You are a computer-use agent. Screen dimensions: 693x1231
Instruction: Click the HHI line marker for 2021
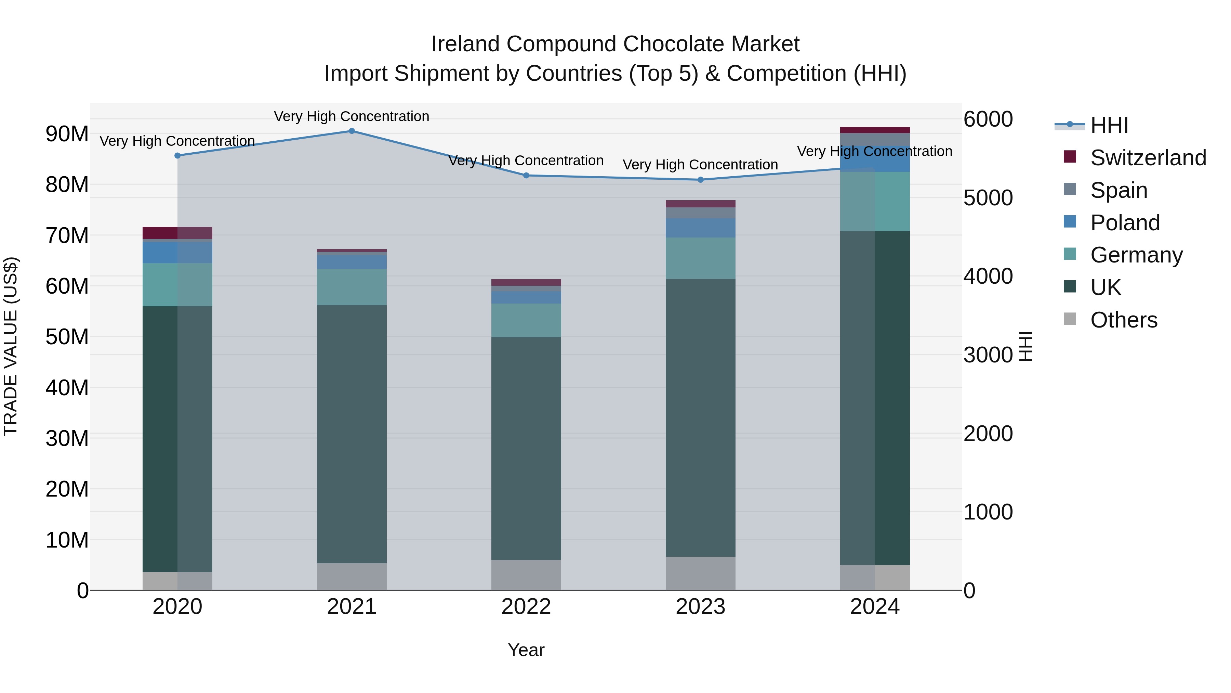coord(352,131)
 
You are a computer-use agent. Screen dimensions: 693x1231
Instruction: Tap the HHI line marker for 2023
coord(701,180)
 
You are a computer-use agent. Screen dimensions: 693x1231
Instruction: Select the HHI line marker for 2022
coord(526,176)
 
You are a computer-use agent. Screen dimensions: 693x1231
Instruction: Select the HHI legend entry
coord(1109,125)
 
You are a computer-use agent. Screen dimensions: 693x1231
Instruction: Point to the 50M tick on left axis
coord(67,337)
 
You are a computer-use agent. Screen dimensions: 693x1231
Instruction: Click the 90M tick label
coord(67,134)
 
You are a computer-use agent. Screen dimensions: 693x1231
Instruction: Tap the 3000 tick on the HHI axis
coord(988,355)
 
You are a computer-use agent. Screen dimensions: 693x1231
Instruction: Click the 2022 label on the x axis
coord(526,607)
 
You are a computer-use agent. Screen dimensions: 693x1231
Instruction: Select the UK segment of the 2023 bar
coord(701,418)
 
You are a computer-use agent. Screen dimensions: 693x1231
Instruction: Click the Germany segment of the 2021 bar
coord(352,287)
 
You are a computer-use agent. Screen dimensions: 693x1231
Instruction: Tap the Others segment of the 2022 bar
coord(526,575)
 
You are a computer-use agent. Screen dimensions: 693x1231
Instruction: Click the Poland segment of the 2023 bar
coord(701,228)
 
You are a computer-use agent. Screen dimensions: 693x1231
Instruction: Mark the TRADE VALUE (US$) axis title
coord(11,346)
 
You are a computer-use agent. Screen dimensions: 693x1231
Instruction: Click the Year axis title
coord(526,650)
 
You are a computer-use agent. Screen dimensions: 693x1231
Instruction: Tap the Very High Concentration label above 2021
coord(352,116)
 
